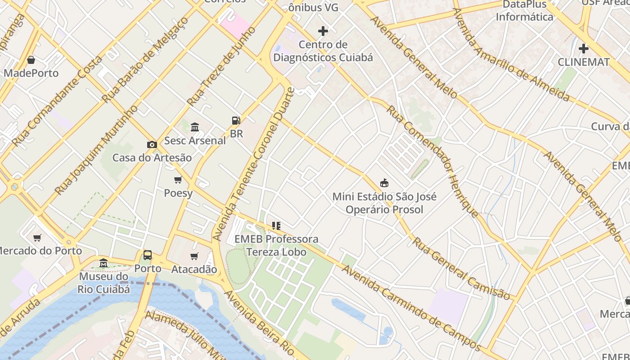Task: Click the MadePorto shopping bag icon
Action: (x=31, y=60)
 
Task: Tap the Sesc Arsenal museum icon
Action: (x=195, y=127)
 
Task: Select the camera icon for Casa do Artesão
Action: (x=152, y=144)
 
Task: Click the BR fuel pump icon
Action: (x=236, y=120)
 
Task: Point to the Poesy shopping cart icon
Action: (x=178, y=180)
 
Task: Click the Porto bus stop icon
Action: (x=148, y=255)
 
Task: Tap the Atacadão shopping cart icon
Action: (x=194, y=256)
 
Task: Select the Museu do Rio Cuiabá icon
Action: (x=103, y=262)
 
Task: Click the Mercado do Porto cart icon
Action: (x=37, y=238)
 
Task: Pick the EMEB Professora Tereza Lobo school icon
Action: (x=276, y=225)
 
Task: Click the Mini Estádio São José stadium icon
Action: (x=384, y=183)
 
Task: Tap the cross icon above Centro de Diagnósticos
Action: (x=323, y=31)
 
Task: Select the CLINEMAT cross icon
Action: (x=584, y=48)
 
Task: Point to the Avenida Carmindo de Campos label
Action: (x=411, y=308)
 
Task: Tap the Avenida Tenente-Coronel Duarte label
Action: (x=254, y=164)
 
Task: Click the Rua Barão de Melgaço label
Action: (x=145, y=60)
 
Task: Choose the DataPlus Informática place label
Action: (x=524, y=11)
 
